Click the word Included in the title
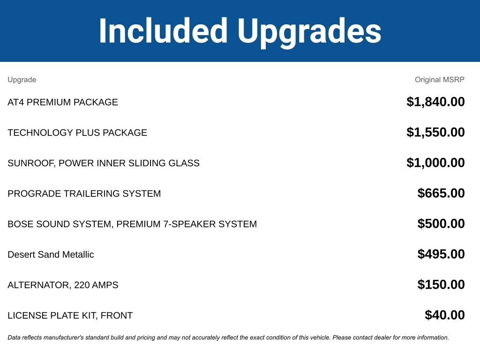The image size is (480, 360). pos(163,30)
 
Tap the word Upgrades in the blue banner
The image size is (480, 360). pos(309,33)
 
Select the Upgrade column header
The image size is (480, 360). pos(22,80)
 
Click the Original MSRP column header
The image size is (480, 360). pos(440,80)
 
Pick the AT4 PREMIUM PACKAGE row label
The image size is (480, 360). pos(63,102)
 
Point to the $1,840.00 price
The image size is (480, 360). pos(435,102)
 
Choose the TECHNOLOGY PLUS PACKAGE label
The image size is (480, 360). pos(77,133)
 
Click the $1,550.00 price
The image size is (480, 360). pos(435,132)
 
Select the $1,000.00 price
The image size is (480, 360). pos(435,163)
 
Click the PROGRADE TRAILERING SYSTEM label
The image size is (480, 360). pos(84,194)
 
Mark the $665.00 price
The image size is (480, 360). pos(441,193)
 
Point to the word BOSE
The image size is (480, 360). pos(21,224)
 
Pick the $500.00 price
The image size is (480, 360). pos(441,224)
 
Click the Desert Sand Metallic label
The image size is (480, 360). pos(51,255)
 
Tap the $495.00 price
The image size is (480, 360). pos(441,254)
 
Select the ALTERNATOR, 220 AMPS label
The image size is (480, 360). pos(63,285)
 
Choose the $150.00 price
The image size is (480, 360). pos(441,285)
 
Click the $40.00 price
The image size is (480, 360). pos(445,315)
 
